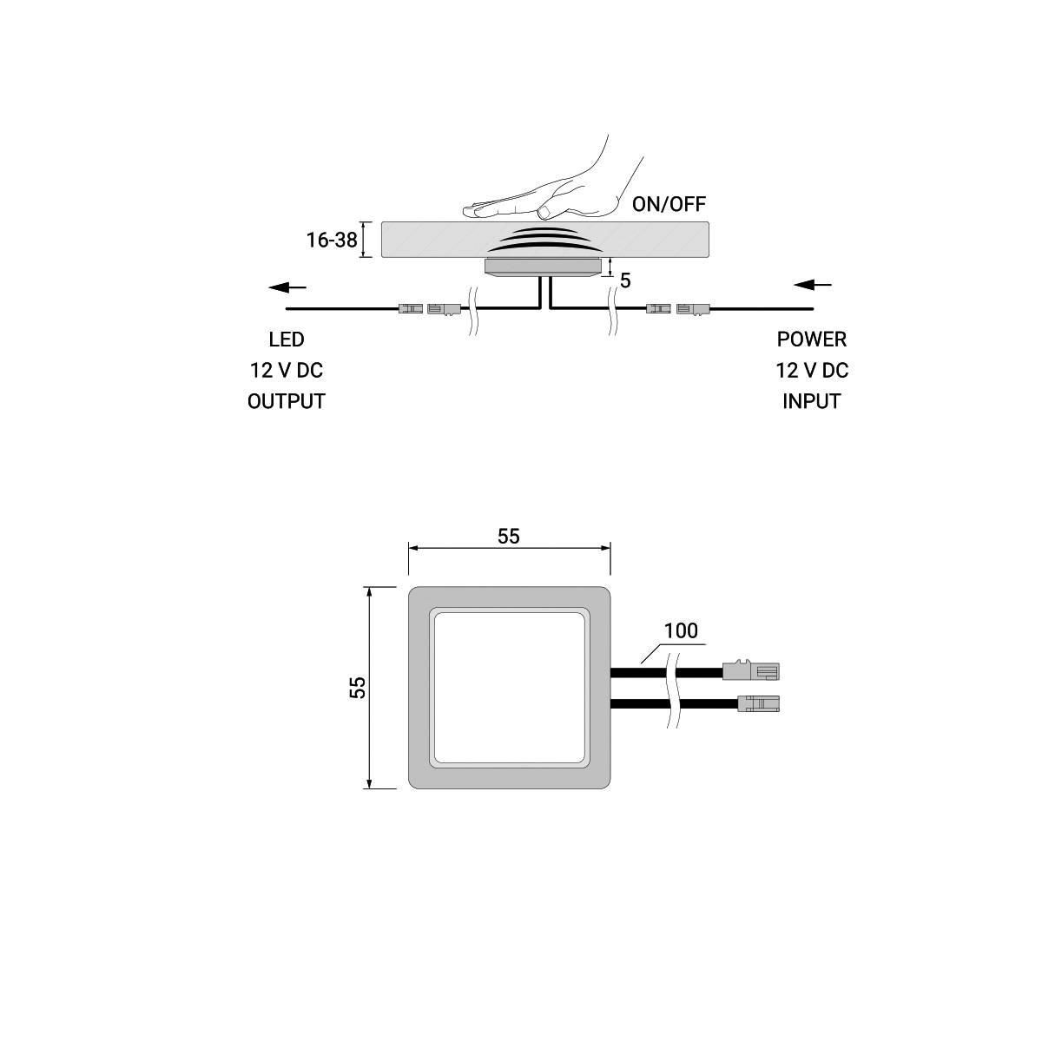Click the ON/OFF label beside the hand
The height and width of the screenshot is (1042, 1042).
pos(669,204)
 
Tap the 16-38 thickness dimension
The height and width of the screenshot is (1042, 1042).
pos(332,240)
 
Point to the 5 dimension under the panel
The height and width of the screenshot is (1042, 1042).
pos(625,280)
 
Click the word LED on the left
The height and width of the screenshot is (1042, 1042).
pos(287,340)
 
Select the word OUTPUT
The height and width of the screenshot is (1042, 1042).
pos(287,401)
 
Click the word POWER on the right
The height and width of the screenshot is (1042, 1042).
pos(812,340)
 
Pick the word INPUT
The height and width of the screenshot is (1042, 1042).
pos(812,401)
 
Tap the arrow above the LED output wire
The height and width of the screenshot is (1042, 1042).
pos(287,287)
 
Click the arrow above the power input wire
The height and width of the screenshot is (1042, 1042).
pos(812,285)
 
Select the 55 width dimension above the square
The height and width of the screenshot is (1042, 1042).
pos(508,536)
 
